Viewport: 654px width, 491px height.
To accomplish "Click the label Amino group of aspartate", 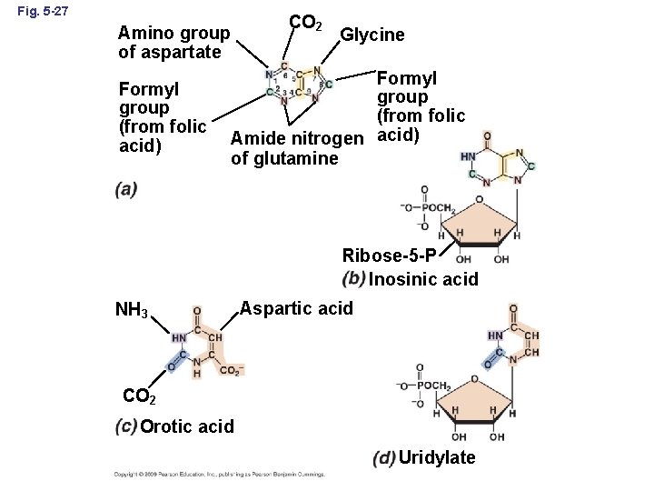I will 173,43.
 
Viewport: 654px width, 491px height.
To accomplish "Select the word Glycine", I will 372,35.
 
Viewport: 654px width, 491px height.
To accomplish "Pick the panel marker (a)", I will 127,189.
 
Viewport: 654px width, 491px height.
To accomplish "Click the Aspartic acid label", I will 296,308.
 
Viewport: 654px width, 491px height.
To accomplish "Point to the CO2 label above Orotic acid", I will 139,398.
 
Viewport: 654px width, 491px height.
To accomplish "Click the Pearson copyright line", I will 219,474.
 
